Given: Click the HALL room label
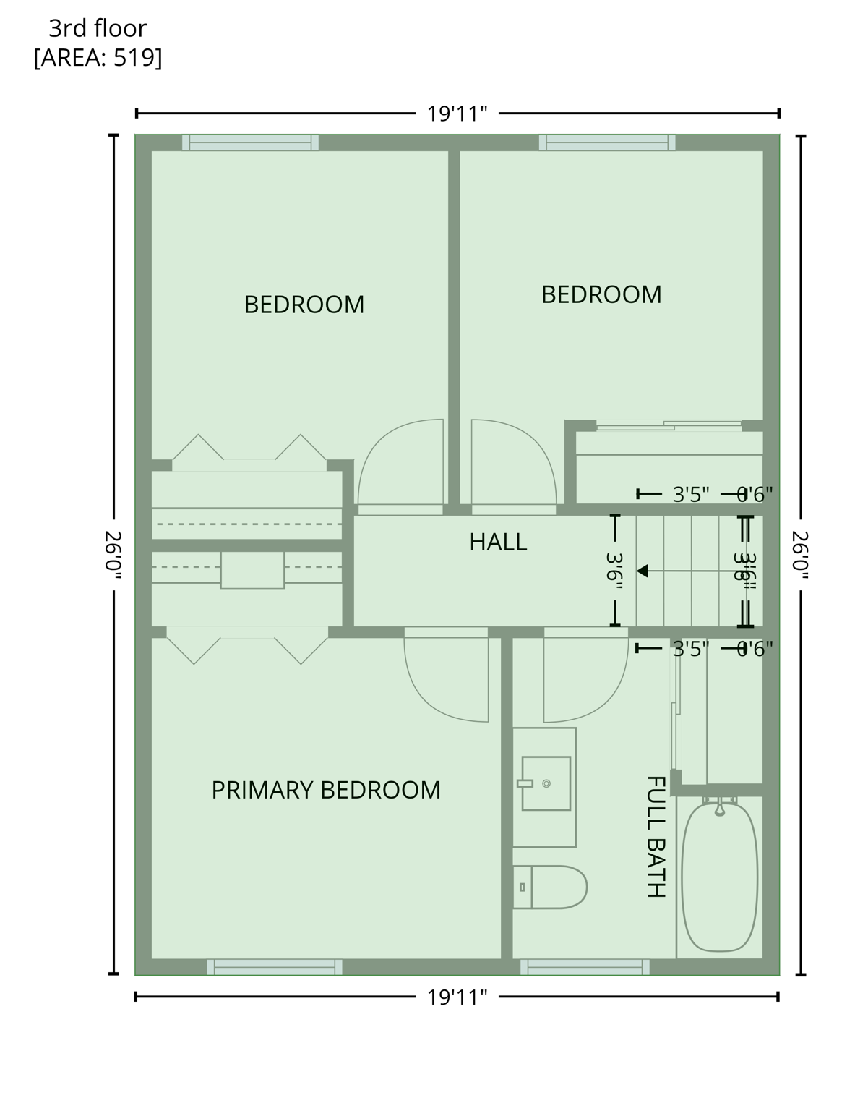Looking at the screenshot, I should [498, 542].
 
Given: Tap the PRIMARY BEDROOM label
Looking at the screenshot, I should [326, 790].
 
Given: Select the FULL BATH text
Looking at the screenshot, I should [655, 837].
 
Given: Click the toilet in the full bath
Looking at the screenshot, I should [551, 887].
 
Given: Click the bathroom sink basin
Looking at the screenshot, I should [546, 783].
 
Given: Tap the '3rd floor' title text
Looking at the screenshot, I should [98, 28].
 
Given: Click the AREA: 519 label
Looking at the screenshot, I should [98, 57].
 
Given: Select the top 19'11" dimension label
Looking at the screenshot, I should [457, 114].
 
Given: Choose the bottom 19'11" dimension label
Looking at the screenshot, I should [457, 997].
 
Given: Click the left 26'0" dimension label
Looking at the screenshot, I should [113, 555].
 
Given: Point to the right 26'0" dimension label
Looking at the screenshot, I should [801, 555].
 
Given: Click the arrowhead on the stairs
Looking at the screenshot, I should [641, 571].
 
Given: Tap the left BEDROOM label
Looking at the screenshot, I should [304, 305].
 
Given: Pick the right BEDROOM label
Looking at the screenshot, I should [601, 294].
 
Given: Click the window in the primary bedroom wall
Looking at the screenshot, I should [275, 967].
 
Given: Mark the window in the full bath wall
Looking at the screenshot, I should [585, 967].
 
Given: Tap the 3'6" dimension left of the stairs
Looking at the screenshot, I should [615, 571].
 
